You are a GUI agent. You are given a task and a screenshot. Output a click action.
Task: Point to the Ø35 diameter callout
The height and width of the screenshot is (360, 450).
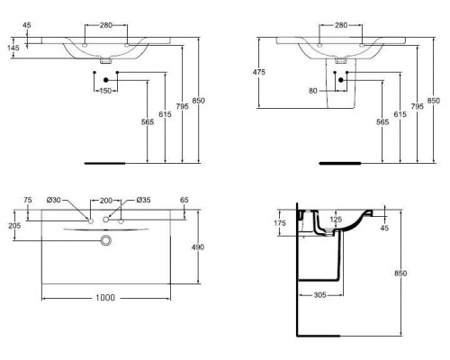pos(141,199)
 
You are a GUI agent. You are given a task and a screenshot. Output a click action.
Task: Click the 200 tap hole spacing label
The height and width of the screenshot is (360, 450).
pos(107,199)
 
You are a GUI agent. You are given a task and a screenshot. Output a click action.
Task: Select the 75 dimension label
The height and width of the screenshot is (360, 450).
pos(28,200)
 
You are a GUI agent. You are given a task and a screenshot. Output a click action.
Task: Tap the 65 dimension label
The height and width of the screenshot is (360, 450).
pos(185,200)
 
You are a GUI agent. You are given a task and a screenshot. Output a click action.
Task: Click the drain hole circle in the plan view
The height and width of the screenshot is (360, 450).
pos(106,240)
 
